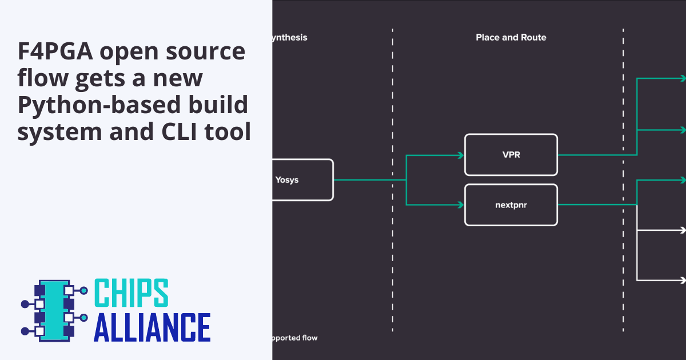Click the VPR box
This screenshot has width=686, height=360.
pos(510,154)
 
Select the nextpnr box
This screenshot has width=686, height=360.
pos(510,205)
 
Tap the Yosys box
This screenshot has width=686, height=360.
pos(301,180)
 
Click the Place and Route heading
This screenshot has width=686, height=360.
pos(510,38)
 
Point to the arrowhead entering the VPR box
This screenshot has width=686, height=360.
pos(460,155)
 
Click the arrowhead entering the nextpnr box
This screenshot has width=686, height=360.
pos(460,205)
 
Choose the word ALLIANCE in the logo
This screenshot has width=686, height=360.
pos(151,327)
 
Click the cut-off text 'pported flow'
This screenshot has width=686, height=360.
pos(295,338)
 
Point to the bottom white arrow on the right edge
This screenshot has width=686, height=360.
pos(681,280)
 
